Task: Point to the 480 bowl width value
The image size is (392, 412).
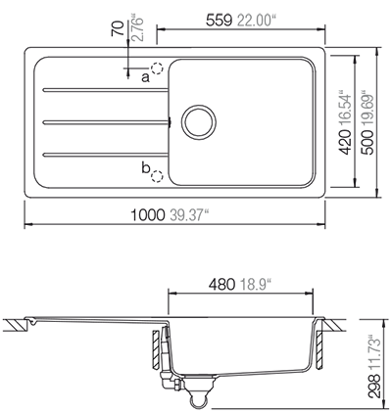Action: tap(217, 286)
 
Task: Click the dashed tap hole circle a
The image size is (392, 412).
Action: tap(158, 70)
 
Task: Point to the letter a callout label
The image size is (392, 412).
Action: tap(144, 74)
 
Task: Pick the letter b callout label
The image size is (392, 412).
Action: tap(144, 172)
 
